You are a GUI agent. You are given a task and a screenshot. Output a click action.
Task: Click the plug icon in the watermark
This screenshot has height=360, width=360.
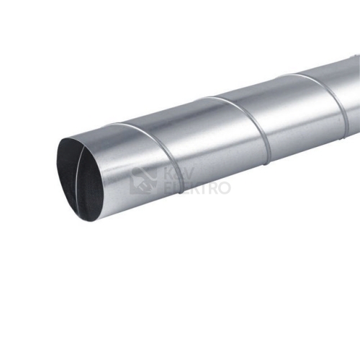[x=144, y=181]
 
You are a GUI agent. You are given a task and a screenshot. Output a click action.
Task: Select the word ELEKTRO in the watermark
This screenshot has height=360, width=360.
[x=197, y=188]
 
